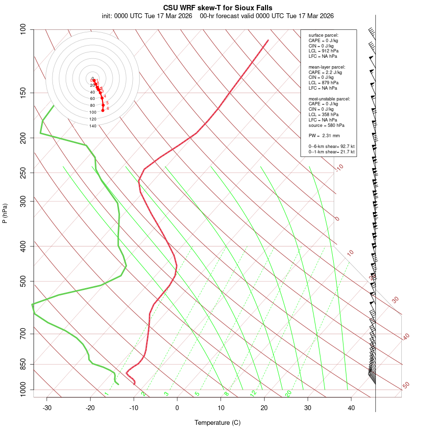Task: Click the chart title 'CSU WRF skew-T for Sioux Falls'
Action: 218,8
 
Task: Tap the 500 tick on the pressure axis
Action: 23,281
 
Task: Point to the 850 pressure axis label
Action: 23,364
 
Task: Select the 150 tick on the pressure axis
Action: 23,93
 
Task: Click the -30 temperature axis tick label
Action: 47,408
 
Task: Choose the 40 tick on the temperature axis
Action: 351,408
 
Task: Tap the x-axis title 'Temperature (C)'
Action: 218,422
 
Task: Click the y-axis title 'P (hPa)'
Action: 5,213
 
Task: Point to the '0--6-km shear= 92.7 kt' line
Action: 331,147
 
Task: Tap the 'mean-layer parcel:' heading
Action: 327,67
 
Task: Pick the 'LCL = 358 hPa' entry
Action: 323,114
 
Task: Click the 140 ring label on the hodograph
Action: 93,126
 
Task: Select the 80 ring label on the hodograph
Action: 92,105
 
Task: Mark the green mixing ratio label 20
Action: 289,393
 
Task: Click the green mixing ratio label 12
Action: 253,393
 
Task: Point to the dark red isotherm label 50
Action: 406,386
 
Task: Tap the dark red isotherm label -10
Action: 339,168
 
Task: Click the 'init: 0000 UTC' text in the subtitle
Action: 122,16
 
